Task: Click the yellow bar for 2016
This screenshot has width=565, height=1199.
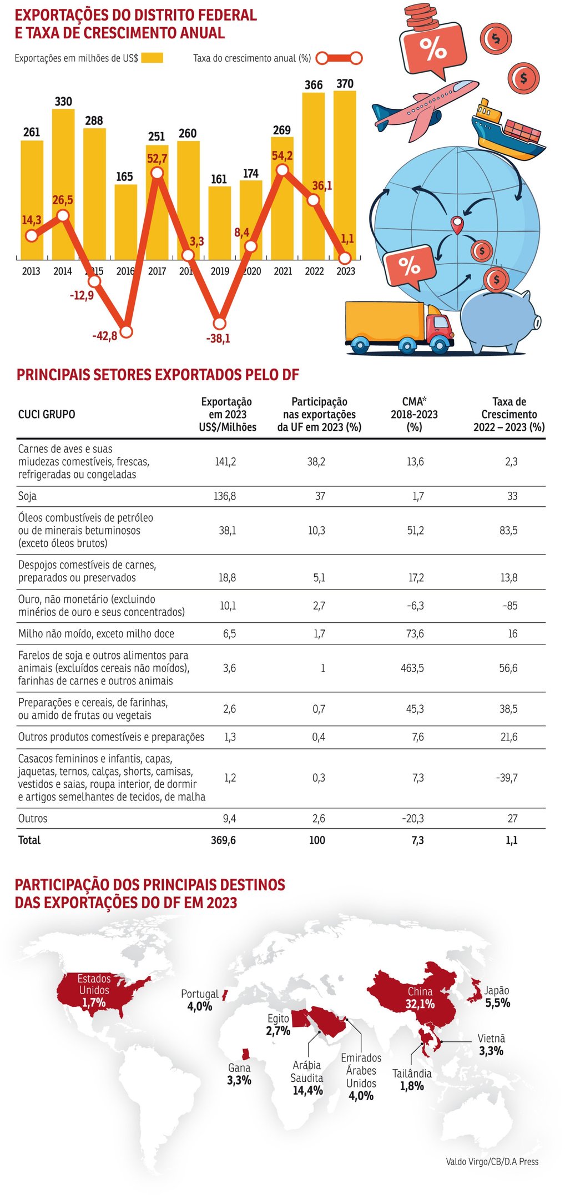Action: click(x=126, y=222)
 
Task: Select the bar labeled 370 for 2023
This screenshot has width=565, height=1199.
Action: click(x=345, y=167)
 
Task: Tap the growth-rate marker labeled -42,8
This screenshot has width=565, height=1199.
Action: click(x=127, y=332)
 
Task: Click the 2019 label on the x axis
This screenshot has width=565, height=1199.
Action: click(x=220, y=271)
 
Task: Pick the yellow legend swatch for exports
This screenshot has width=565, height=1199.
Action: click(x=152, y=58)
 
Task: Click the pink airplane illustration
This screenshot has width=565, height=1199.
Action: click(x=425, y=109)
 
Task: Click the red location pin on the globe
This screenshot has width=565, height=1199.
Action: click(x=457, y=224)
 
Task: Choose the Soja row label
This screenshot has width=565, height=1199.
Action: click(x=28, y=496)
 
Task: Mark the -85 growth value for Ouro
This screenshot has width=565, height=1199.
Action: click(x=510, y=606)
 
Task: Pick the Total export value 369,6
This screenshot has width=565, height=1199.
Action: click(x=223, y=840)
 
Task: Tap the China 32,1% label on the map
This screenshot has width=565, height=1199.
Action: click(x=420, y=998)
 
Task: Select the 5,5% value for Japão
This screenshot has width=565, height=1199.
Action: click(x=498, y=1002)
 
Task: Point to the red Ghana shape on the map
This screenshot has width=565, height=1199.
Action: click(x=245, y=1054)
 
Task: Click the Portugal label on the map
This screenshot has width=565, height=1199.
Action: click(x=200, y=994)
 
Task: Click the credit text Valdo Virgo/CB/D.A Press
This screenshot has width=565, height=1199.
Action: click(x=492, y=1161)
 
